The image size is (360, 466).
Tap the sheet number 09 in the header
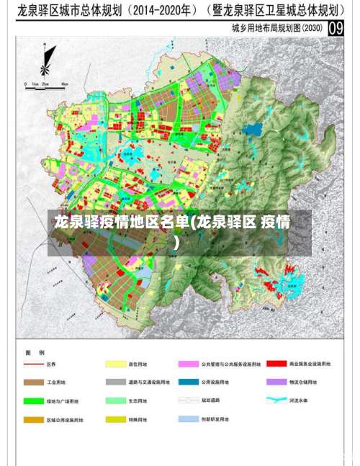coord(336,28)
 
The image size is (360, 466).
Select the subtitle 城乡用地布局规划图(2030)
coord(277,29)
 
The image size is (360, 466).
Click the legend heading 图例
coord(35,352)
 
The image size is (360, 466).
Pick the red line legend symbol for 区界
coord(33,364)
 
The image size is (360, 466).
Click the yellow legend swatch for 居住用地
coord(115,364)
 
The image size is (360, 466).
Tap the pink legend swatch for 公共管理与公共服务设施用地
coord(188,364)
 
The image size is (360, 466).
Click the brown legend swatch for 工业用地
coord(33,382)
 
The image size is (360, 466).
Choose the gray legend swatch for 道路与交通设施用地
coord(115,382)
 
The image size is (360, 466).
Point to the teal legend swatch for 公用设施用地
coord(188,382)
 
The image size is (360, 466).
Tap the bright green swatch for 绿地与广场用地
coord(33,400)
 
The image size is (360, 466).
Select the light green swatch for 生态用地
coord(115,400)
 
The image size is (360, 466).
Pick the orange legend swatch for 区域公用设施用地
coord(33,418)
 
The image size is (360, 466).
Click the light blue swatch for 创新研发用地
coord(188,418)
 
